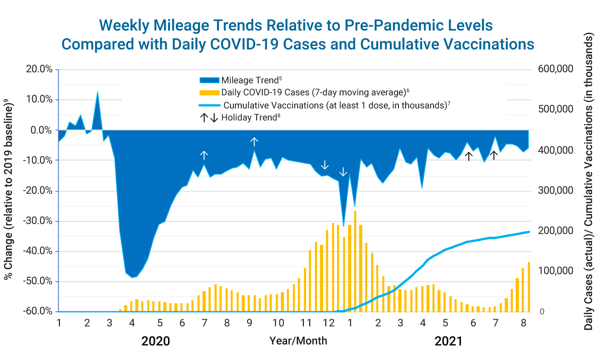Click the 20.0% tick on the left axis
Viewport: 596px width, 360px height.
(x=40, y=70)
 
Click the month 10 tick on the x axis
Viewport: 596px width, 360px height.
(x=278, y=323)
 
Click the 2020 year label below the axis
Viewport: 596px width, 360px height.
(x=155, y=341)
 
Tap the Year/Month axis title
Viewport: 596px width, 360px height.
(x=298, y=340)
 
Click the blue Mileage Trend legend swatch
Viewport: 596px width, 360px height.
(x=209, y=80)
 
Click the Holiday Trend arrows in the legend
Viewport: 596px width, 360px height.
(x=209, y=118)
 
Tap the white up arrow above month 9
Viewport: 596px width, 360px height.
(x=254, y=142)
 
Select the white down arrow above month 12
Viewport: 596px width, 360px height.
(x=324, y=165)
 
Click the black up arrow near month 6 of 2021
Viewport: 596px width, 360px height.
(x=469, y=156)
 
